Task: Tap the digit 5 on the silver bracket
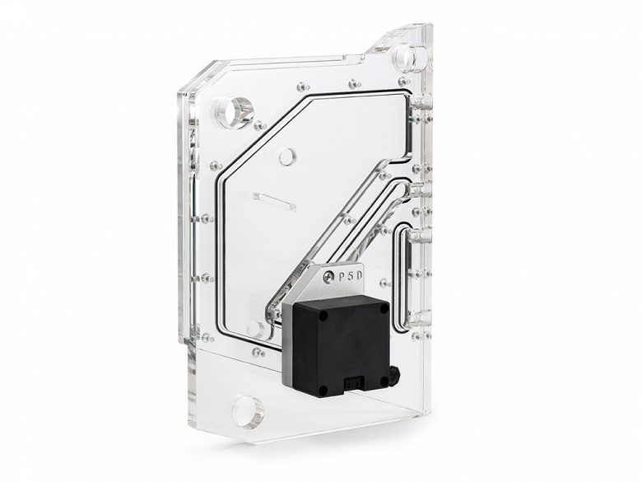(x=350, y=276)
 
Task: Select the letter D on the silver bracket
(x=359, y=275)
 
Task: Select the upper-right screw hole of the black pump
(x=384, y=310)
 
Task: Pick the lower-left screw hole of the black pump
(x=323, y=390)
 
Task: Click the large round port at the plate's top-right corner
(x=409, y=57)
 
